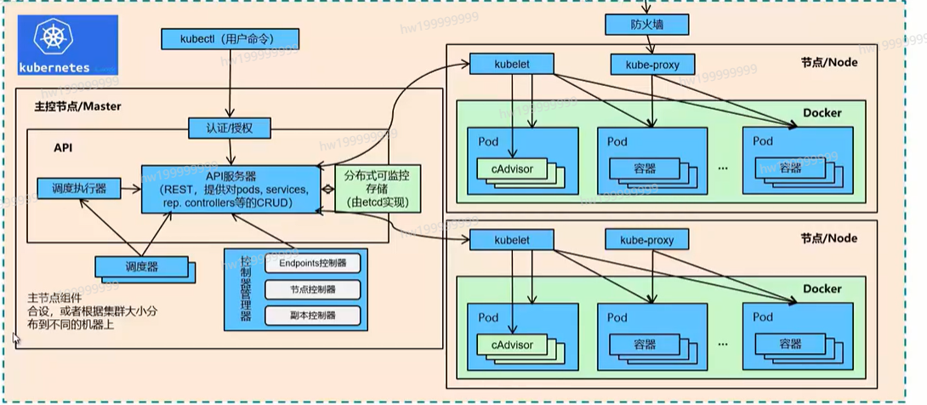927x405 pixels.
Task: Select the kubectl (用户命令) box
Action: (x=229, y=39)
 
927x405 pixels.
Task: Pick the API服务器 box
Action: (x=230, y=188)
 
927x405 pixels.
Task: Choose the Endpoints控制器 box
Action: (x=312, y=263)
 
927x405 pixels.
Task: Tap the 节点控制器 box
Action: (x=312, y=289)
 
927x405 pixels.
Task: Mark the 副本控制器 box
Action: (x=312, y=316)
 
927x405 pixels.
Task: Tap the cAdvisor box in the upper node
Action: (x=511, y=168)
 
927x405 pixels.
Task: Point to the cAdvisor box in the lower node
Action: (x=511, y=345)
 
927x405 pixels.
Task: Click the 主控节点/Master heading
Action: (x=77, y=107)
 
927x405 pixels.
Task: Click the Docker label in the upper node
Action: (x=822, y=112)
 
